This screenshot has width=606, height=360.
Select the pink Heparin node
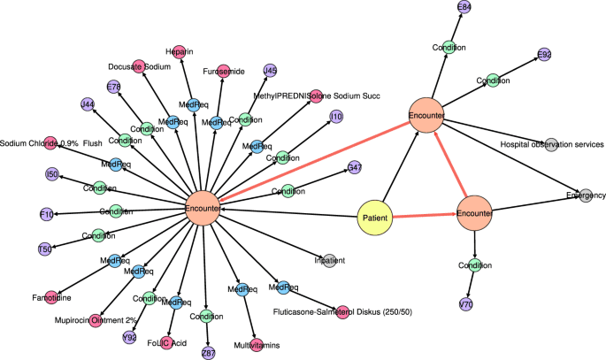click(178, 51)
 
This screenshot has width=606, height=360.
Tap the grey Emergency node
click(585, 195)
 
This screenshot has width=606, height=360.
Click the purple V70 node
click(465, 305)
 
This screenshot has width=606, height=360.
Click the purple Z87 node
click(209, 352)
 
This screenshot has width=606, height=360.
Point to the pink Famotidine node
click(50, 296)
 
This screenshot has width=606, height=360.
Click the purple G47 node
click(354, 166)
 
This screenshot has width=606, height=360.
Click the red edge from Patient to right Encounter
click(425, 215)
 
